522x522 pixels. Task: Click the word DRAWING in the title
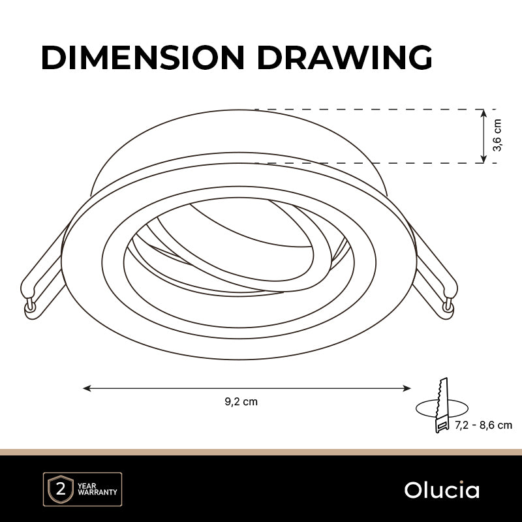pyautogui.click(x=345, y=57)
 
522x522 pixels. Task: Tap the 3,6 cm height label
pyautogui.click(x=497, y=135)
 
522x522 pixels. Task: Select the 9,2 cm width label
pyautogui.click(x=241, y=402)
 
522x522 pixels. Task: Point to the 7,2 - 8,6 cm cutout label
pyautogui.click(x=484, y=425)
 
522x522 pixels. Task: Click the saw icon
pyautogui.click(x=442, y=405)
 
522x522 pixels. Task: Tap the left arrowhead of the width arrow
pyautogui.click(x=87, y=388)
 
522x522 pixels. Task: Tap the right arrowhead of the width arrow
pyautogui.click(x=407, y=388)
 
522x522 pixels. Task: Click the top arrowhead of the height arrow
pyautogui.click(x=484, y=113)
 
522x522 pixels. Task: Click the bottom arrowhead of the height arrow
pyautogui.click(x=484, y=159)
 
